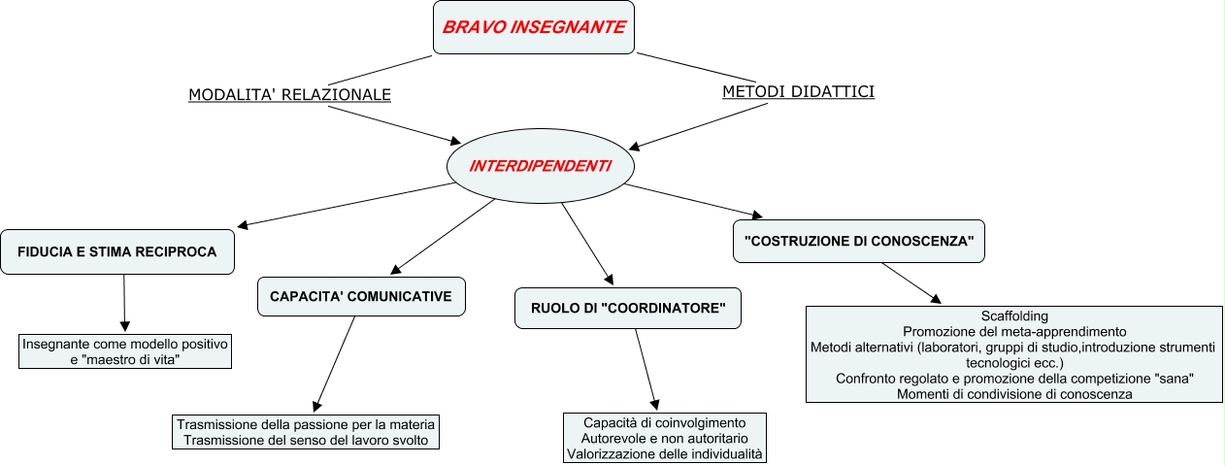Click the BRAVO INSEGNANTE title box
(533, 27)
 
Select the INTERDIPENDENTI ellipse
(540, 166)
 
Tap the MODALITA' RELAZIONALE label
(289, 94)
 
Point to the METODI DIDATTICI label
(798, 91)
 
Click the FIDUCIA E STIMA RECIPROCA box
(116, 252)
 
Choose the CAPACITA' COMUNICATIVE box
(361, 296)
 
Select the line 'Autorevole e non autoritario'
(665, 439)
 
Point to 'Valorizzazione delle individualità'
(665, 453)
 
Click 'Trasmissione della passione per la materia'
(307, 424)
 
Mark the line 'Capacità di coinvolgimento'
(665, 423)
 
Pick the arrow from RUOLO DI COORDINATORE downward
(646, 367)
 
